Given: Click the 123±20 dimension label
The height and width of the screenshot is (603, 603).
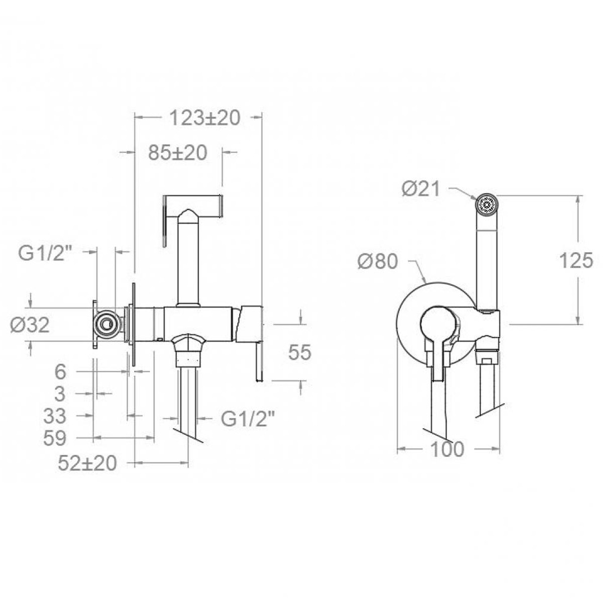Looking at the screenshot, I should click(x=205, y=118).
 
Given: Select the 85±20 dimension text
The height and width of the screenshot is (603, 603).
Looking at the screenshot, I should click(x=177, y=153).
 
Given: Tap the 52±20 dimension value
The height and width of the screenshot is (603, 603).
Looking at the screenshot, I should click(x=87, y=463).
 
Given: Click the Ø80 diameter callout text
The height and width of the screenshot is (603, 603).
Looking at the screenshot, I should click(x=377, y=262).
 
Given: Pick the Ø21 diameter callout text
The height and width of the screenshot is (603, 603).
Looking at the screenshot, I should click(x=421, y=189).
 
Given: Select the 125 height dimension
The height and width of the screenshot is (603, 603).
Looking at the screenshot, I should click(x=576, y=261).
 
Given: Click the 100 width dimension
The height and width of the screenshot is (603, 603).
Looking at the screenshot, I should click(x=447, y=449).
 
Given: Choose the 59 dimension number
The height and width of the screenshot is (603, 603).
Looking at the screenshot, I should click(x=54, y=438).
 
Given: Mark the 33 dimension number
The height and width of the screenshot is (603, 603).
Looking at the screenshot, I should click(x=54, y=416).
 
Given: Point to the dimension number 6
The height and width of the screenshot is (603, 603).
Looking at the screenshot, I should click(x=60, y=372).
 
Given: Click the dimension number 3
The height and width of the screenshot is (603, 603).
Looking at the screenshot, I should click(x=60, y=394).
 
